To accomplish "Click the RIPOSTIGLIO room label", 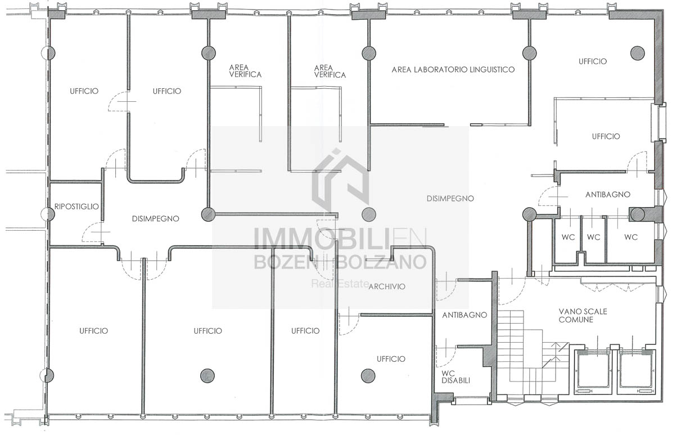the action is pyautogui.click(x=76, y=207).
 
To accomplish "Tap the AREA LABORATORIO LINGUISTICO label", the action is pyautogui.click(x=453, y=70).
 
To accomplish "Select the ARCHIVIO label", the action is pyautogui.click(x=387, y=286).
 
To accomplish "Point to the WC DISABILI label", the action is pyautogui.click(x=455, y=376).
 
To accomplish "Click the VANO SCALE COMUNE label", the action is pyautogui.click(x=583, y=316).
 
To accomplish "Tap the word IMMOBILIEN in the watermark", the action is pyautogui.click(x=340, y=239).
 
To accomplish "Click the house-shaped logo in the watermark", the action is pyautogui.click(x=340, y=181).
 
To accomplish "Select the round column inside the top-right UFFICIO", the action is pyautogui.click(x=637, y=53).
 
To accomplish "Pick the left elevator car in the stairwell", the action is pyautogui.click(x=592, y=373).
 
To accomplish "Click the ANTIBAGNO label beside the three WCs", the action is pyautogui.click(x=608, y=194).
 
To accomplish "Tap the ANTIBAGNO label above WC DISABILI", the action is pyautogui.click(x=464, y=315).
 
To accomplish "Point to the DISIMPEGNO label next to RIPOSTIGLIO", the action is pyautogui.click(x=155, y=219).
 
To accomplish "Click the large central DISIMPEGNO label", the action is pyautogui.click(x=450, y=199).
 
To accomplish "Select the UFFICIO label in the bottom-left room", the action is pyautogui.click(x=94, y=331).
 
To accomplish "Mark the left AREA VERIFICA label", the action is pyautogui.click(x=245, y=71).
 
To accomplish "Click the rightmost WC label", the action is pyautogui.click(x=631, y=237).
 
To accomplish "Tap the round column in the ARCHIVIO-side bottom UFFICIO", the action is pyautogui.click(x=368, y=376).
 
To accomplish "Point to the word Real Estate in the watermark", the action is pyautogui.click(x=340, y=284).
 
